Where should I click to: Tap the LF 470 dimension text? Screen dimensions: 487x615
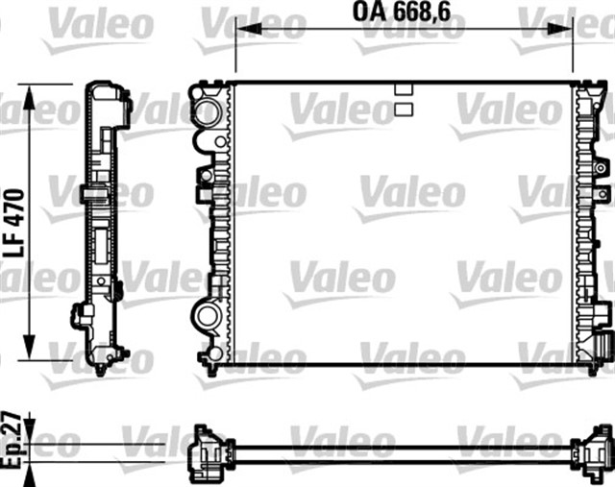(15, 220)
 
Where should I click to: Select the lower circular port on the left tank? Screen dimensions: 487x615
(207, 314)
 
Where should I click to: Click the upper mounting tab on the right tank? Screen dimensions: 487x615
(603, 169)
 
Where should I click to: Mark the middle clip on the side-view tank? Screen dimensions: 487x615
(94, 196)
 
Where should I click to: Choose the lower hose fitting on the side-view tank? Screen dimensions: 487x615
(82, 314)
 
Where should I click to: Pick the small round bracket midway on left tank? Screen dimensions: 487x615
(205, 177)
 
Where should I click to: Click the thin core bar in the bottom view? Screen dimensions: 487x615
(404, 447)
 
